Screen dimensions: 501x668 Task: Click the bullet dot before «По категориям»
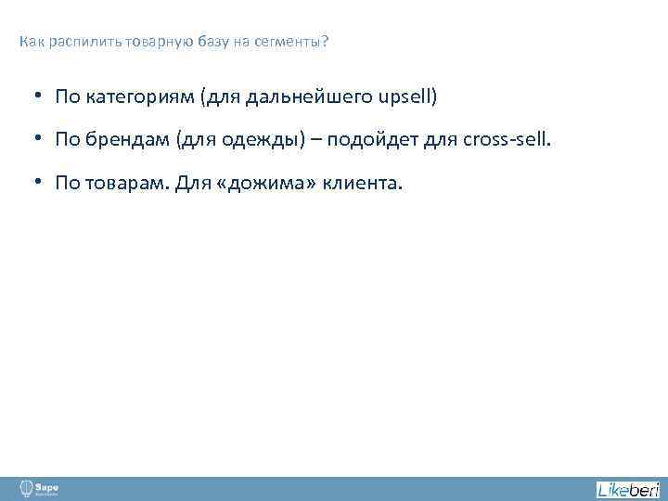42,96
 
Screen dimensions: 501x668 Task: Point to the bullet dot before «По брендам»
42,139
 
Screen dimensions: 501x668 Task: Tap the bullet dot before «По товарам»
42,183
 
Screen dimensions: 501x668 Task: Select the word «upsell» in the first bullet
404,96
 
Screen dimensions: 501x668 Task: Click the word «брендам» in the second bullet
122,140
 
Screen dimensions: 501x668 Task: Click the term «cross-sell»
501,140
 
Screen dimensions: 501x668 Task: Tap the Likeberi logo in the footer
627,489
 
